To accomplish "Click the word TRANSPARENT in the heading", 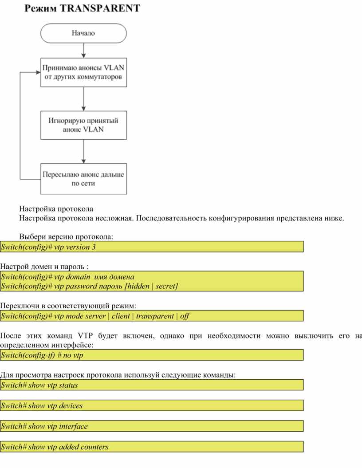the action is coord(100,8).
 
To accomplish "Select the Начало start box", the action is coord(83,33).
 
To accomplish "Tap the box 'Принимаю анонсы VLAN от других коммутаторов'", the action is coord(83,72).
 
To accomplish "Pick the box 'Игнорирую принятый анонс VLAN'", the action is coord(83,125).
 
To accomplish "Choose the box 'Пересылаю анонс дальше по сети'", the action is coord(83,179).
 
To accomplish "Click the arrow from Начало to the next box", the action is coord(83,51).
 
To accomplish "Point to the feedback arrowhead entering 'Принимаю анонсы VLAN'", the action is coord(38,72).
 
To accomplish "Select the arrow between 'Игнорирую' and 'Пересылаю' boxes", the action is coord(83,151).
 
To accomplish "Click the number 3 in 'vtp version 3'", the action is coord(94,247).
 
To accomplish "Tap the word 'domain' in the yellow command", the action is coord(78,277).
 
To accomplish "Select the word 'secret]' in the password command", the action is coord(166,286).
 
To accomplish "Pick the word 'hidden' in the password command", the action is coord(137,286).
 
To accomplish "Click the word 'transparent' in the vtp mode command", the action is coord(155,316).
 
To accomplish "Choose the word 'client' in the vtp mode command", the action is coord(121,316).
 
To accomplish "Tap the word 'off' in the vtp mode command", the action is coord(185,316).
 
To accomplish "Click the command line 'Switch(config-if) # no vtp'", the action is coord(42,355).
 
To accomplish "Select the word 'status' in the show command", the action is coord(68,385).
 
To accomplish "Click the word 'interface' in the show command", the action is coord(73,426).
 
